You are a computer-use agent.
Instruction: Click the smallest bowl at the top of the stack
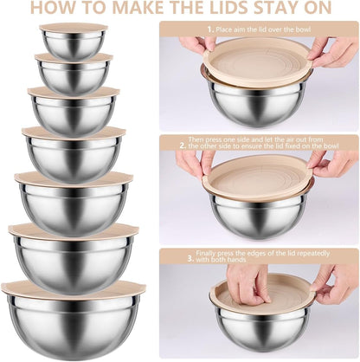coord(74,46)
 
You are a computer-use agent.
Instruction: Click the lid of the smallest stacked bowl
coord(74,28)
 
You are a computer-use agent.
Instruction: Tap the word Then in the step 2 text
coord(195,138)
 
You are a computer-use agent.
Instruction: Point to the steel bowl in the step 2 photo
coord(257,213)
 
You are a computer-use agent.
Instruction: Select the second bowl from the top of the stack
coord(74,76)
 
